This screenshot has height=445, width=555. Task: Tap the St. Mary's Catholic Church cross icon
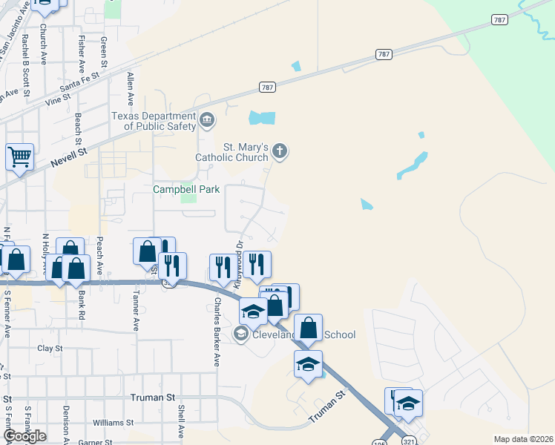[x=280, y=152]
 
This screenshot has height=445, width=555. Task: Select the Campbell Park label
[x=186, y=189]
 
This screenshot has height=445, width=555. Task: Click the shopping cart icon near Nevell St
[x=19, y=156]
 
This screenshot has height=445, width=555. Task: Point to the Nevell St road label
[x=69, y=158]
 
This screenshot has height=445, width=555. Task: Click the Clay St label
[x=50, y=348]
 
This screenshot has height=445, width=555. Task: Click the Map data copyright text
[x=522, y=439]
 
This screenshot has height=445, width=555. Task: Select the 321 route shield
[x=411, y=441]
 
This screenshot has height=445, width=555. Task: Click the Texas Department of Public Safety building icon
[x=207, y=118]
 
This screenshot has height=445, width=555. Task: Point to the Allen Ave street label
[x=130, y=88]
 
